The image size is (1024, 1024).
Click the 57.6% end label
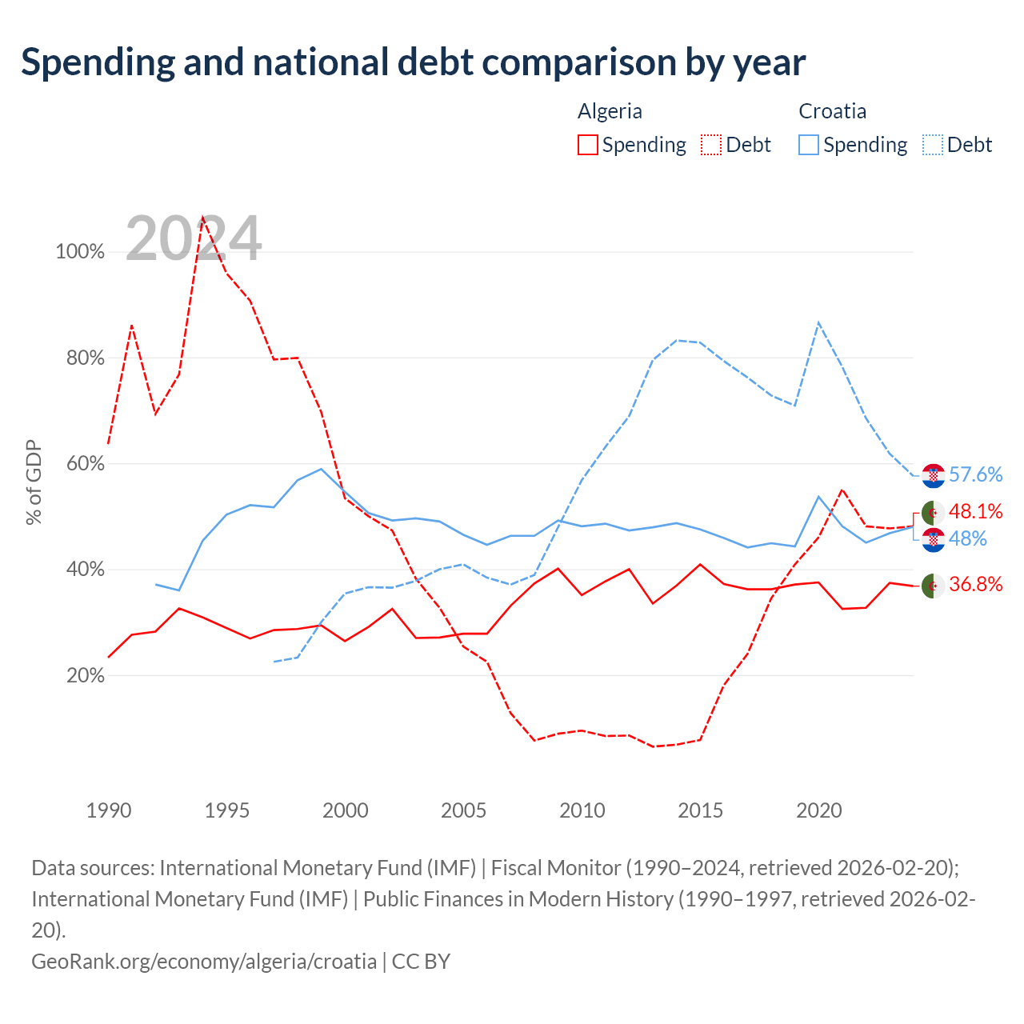[x=975, y=474]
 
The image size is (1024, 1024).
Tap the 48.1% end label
[x=975, y=511]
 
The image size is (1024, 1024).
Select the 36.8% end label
[x=975, y=584]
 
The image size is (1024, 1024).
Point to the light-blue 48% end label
[x=967, y=539]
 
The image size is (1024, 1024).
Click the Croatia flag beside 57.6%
[x=933, y=475]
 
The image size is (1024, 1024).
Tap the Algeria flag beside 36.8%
[x=933, y=586]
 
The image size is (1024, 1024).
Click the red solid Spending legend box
[x=588, y=145]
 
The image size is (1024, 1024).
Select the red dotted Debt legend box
[x=711, y=145]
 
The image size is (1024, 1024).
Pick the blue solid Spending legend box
[x=808, y=145]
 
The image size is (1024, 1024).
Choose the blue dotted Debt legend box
[x=932, y=145]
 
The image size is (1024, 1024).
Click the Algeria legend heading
[x=610, y=111]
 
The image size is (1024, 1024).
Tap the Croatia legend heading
[x=832, y=111]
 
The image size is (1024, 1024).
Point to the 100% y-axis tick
[x=80, y=251]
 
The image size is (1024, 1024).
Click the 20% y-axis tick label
[x=85, y=675]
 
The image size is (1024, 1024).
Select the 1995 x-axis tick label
[x=227, y=810]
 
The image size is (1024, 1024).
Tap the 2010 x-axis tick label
[x=582, y=810]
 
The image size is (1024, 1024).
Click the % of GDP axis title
[x=34, y=482]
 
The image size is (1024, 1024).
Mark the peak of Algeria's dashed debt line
[x=203, y=217]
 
